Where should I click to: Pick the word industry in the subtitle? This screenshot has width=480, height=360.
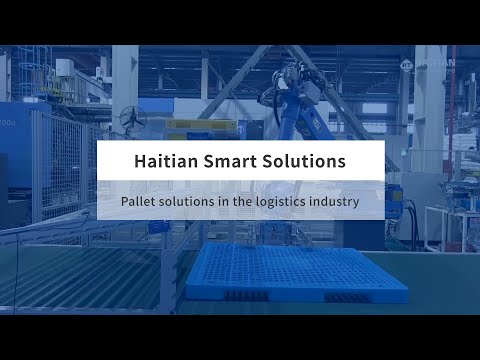[x=336, y=201]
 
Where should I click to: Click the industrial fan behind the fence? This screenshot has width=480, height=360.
[x=132, y=118]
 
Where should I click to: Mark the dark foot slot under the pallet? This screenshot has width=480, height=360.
[x=240, y=296]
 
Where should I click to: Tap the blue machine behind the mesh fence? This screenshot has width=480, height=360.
[x=15, y=150]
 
